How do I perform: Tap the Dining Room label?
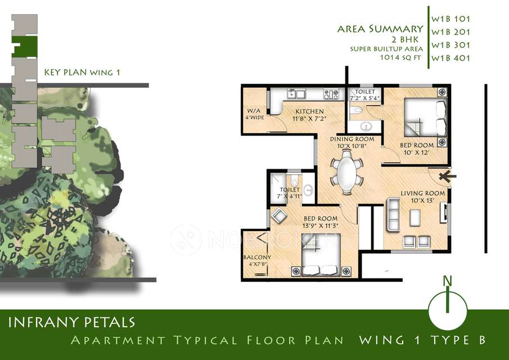[352, 142]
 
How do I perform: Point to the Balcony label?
[257, 260]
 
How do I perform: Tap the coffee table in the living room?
[416, 217]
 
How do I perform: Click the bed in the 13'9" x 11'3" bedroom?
[319, 262]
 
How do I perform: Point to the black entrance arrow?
[444, 176]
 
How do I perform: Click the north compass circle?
[448, 309]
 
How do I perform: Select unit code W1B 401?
[450, 58]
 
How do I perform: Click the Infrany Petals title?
[71, 322]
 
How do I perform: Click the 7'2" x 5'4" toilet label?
[364, 95]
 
